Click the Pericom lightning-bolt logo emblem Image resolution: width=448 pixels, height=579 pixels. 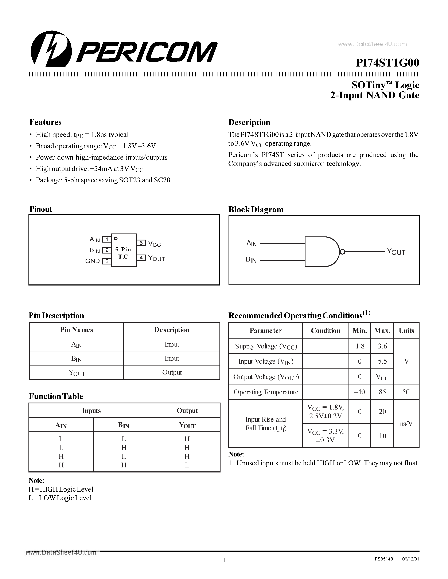[x=51, y=49]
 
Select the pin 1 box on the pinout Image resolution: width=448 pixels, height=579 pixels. [x=107, y=239]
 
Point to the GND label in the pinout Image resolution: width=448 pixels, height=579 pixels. [x=92, y=261]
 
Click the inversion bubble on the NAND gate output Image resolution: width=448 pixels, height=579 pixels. [x=342, y=252]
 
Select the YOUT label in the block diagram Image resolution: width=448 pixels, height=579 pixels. [x=396, y=252]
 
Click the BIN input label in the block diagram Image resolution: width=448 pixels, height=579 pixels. [x=251, y=260]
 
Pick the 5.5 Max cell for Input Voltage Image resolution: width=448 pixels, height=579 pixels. [x=382, y=361]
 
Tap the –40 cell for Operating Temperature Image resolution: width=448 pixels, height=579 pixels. [x=360, y=392]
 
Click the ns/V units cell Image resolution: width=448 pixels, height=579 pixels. [x=406, y=423]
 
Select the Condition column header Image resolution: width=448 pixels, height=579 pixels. [x=325, y=331]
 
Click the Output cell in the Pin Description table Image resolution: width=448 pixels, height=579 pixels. [x=172, y=372]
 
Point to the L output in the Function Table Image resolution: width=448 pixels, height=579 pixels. [x=187, y=465]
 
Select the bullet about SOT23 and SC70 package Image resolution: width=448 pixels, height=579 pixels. [x=103, y=180]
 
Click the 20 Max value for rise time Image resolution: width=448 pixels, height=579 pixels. [x=382, y=411]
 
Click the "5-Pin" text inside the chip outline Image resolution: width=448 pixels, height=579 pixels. [x=123, y=249]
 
